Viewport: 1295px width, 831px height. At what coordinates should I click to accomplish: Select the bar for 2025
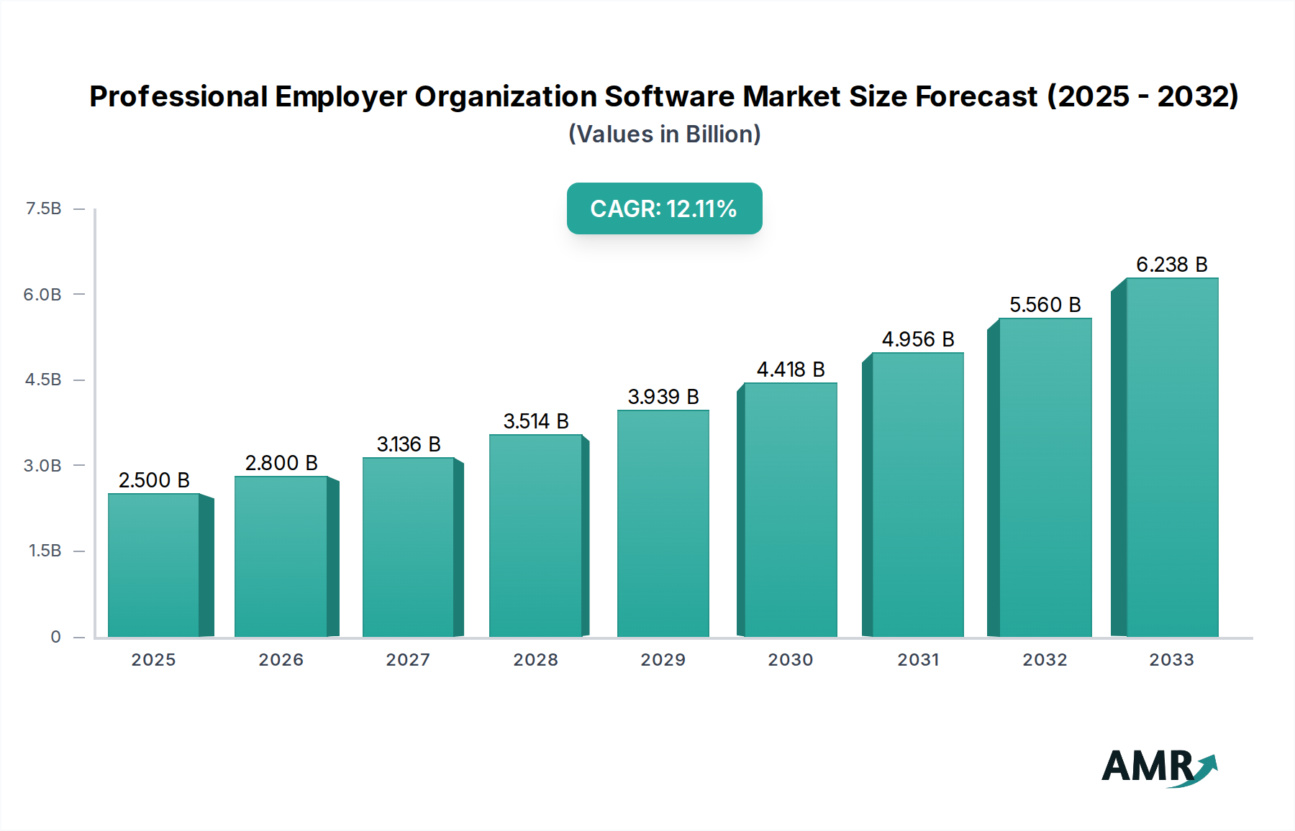point(153,564)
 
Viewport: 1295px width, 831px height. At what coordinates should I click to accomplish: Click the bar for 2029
point(663,523)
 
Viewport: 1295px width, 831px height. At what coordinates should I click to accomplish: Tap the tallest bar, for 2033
point(1172,457)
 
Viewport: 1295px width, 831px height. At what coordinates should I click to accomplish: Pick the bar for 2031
point(917,495)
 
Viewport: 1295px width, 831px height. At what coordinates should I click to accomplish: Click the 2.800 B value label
point(281,463)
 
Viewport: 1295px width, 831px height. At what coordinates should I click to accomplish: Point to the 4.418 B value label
point(791,369)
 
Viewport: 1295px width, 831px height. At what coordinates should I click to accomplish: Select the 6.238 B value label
point(1171,265)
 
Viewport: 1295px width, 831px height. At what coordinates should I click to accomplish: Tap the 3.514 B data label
point(536,421)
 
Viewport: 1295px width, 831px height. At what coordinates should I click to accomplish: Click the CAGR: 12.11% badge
point(664,208)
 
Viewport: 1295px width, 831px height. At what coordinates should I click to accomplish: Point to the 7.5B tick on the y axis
point(43,208)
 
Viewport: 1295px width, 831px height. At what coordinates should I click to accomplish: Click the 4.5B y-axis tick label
point(43,380)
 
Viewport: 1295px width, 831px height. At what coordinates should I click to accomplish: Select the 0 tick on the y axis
point(55,636)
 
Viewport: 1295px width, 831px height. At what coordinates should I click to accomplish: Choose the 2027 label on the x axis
point(408,659)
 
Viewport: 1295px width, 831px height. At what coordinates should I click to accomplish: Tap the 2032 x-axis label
point(1045,659)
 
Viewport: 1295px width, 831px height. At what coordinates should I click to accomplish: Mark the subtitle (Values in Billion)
point(664,134)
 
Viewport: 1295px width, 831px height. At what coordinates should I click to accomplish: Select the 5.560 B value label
point(1045,305)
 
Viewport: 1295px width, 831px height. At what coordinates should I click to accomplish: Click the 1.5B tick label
point(45,551)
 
